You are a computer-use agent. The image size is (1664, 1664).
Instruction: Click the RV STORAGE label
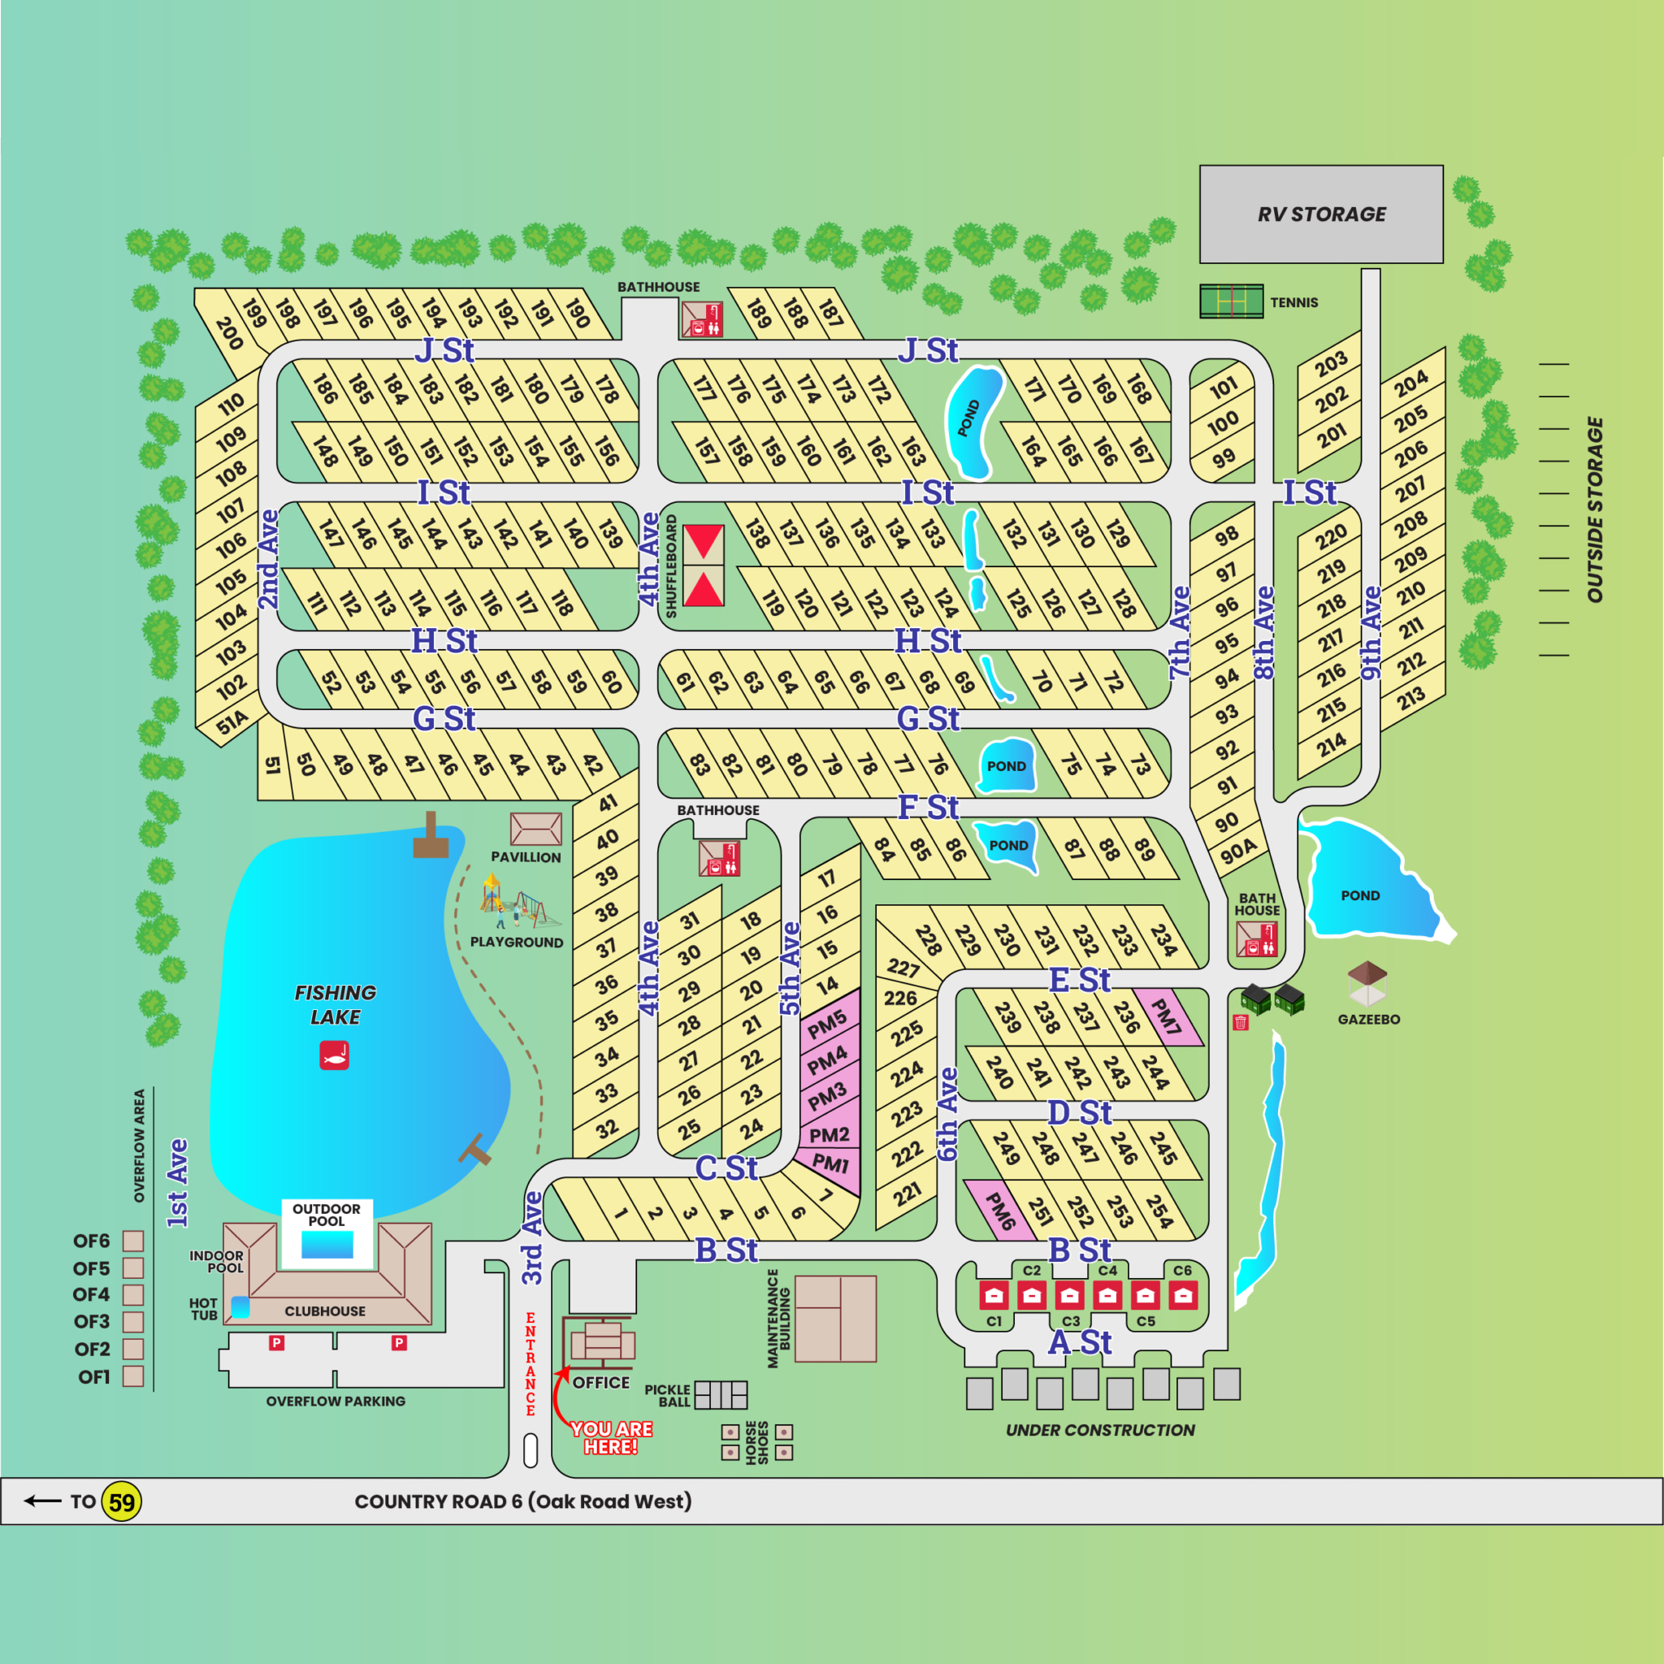coord(1321,214)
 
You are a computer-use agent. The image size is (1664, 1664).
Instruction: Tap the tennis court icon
coord(1231,301)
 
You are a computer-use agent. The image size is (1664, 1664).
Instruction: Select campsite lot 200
coord(228,333)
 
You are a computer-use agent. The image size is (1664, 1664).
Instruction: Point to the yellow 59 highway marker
coord(121,1503)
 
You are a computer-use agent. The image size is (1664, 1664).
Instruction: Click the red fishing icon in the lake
coord(334,1055)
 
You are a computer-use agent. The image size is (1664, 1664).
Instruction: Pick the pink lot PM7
coord(1166,1016)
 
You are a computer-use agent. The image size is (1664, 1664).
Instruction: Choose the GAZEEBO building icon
coord(1367,985)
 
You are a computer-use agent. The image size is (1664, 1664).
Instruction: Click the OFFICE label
coord(601,1382)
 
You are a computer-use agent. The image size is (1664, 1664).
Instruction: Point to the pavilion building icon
coord(535,829)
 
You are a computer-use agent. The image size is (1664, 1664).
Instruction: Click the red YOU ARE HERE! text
coord(611,1437)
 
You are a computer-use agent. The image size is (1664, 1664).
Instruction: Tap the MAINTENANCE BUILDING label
coord(778,1318)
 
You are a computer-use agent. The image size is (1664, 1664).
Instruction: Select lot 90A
coord(1238,851)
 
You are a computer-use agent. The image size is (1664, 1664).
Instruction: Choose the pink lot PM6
coord(999,1211)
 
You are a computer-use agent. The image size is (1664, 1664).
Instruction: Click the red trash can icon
coord(1240,1022)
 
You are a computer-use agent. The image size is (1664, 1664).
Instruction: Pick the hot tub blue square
coord(240,1307)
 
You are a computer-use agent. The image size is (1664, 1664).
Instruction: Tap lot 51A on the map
coord(232,721)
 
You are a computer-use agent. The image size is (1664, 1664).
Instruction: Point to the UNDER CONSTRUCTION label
coord(1100,1430)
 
